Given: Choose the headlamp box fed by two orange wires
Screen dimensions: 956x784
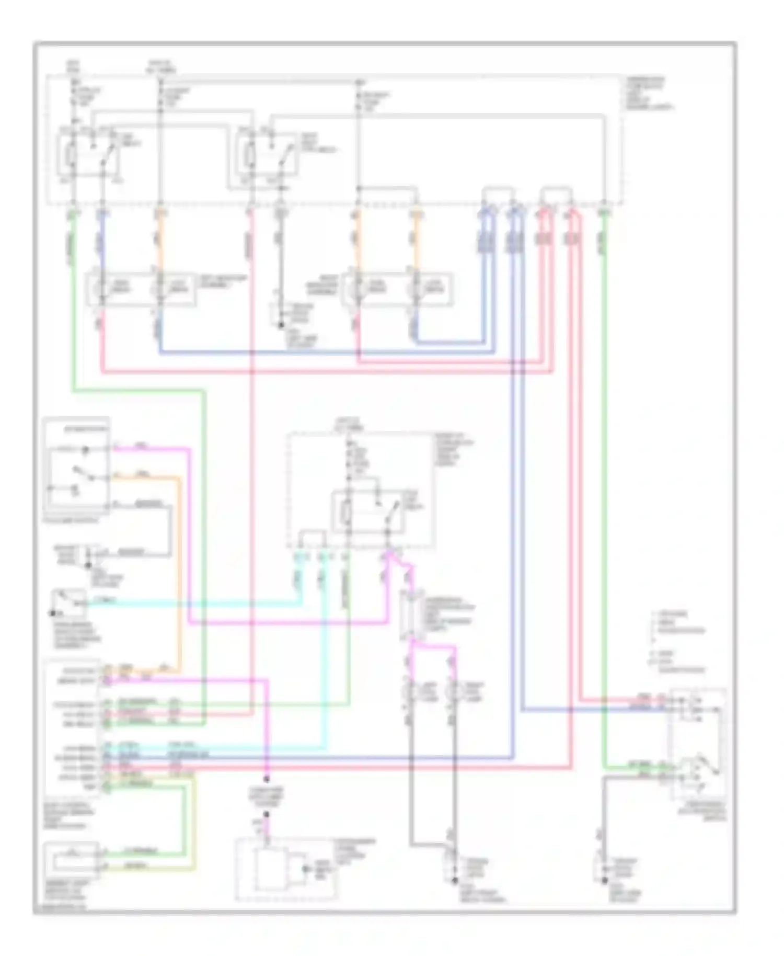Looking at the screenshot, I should click(x=397, y=288).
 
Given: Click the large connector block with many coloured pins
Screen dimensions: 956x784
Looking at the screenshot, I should click(x=73, y=727).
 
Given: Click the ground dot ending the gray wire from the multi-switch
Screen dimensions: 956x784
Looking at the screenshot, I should click(x=603, y=881).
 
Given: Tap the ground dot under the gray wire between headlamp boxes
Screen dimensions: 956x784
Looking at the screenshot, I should click(x=281, y=325).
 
